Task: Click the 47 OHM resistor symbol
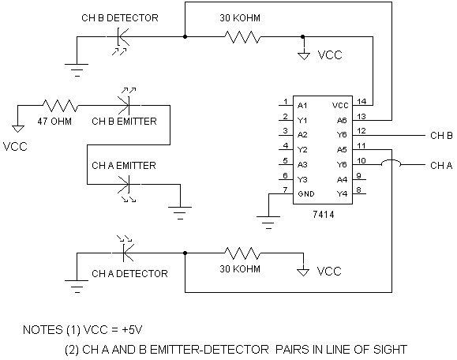tap(60, 106)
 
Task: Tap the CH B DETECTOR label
tap(120, 18)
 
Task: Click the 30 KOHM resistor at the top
tap(242, 37)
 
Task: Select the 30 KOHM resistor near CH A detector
tap(242, 253)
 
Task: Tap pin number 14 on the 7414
tap(361, 101)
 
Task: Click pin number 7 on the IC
tap(286, 189)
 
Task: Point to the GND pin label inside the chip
tap(306, 194)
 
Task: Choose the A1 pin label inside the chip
tap(302, 106)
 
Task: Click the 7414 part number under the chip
tap(324, 215)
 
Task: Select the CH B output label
tap(441, 136)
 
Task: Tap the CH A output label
tap(441, 166)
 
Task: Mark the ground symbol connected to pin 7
tap(268, 223)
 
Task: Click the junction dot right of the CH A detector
tap(185, 253)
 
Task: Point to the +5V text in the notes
tap(132, 330)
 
